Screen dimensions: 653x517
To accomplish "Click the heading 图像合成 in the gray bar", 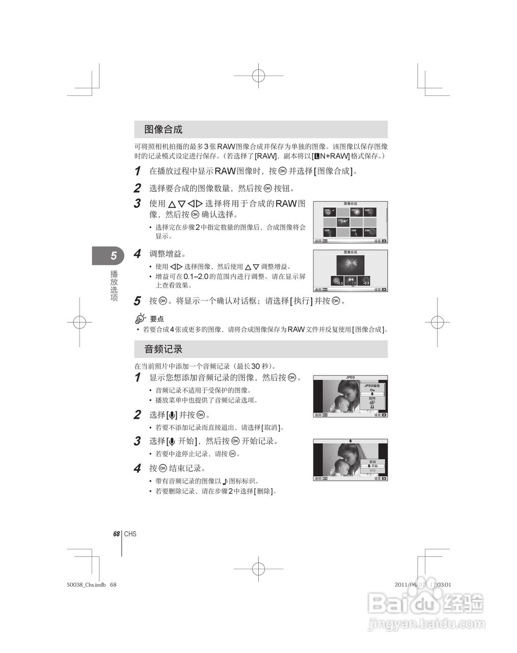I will [x=163, y=130].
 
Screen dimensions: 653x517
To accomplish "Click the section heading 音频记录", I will [x=163, y=349].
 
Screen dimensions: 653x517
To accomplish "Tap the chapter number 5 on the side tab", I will [x=114, y=256].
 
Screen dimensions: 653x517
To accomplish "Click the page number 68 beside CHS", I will [x=116, y=534].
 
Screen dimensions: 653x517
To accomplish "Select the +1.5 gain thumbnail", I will [x=350, y=281].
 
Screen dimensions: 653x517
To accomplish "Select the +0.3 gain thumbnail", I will [x=337, y=281].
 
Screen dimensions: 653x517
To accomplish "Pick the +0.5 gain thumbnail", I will [x=364, y=281].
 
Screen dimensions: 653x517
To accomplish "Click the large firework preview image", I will [x=350, y=264].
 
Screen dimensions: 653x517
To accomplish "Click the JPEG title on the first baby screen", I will [x=350, y=378].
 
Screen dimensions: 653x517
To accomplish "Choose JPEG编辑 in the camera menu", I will [x=372, y=386].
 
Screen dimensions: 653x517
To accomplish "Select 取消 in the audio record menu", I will [x=373, y=462].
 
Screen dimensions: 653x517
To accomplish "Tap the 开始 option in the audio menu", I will [x=373, y=466].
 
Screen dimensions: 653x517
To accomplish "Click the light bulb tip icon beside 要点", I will [x=140, y=318].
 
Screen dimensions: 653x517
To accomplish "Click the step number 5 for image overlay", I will [x=137, y=301].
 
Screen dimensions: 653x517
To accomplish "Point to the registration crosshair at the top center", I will [x=258, y=75].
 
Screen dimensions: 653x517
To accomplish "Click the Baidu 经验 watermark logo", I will [x=425, y=605].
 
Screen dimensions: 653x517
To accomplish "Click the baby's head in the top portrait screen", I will [x=341, y=403].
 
